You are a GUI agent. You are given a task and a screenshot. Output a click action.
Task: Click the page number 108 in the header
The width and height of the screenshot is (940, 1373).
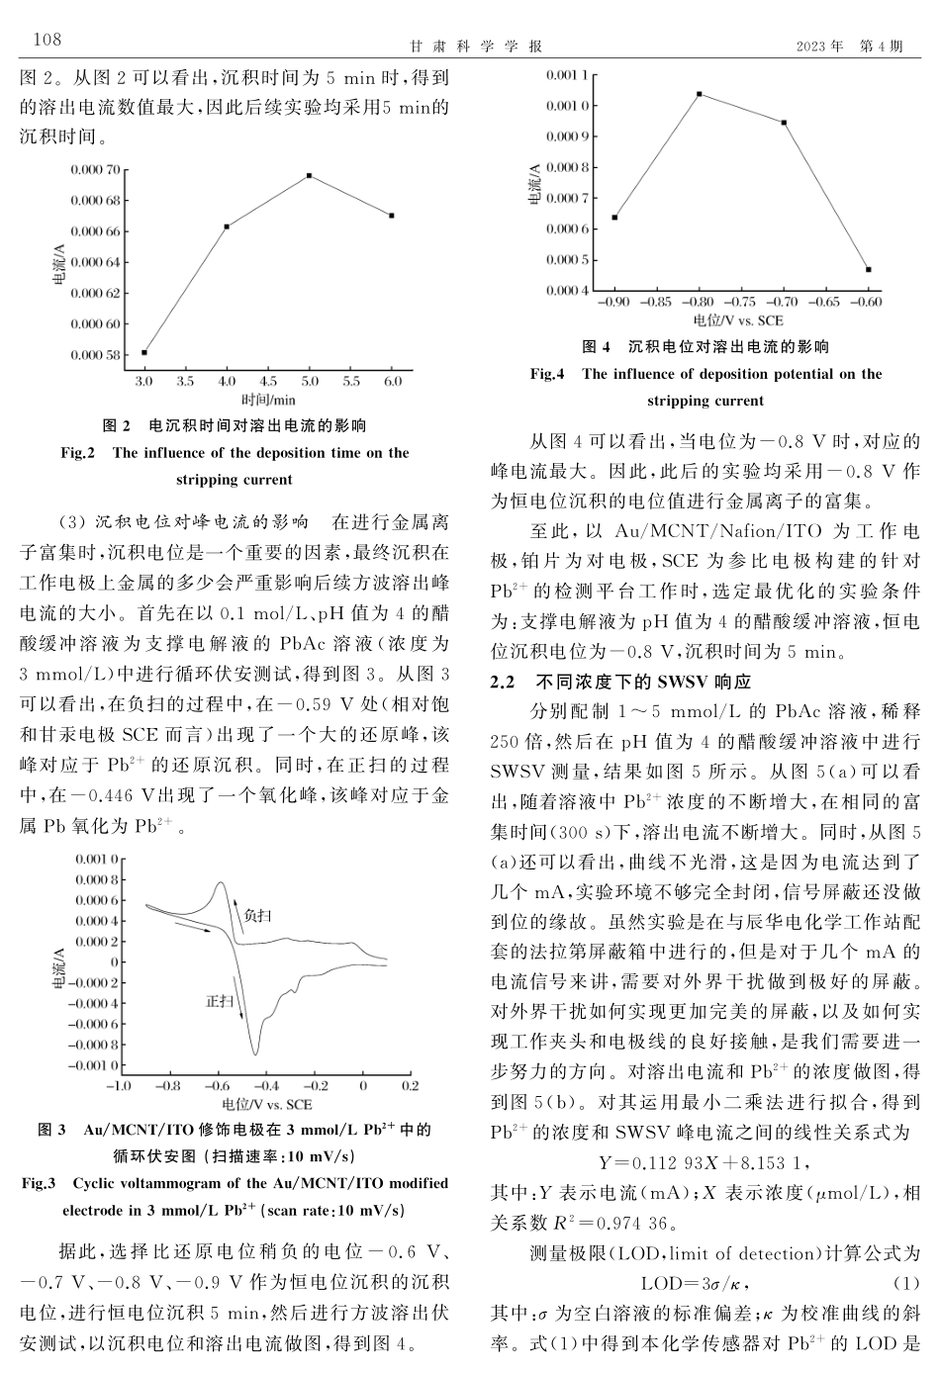(x=47, y=40)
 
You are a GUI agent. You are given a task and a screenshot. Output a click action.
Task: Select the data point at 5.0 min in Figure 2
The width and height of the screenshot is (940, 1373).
(x=310, y=176)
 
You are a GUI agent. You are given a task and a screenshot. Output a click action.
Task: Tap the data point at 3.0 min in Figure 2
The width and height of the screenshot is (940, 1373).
(x=144, y=352)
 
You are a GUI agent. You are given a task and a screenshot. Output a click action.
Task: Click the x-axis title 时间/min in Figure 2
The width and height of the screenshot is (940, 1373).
(x=268, y=400)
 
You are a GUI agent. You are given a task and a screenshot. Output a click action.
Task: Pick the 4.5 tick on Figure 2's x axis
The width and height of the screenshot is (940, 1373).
(x=268, y=381)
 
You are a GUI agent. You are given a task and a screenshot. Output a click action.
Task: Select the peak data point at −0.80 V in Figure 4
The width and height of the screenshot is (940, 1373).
(x=700, y=94)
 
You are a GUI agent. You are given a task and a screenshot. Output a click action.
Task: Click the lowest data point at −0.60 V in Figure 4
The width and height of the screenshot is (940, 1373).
(x=868, y=269)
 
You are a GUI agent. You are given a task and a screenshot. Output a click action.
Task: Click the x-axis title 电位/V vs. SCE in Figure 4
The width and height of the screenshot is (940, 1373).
(x=738, y=320)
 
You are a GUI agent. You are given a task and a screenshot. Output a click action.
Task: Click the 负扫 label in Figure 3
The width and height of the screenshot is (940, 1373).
(x=257, y=916)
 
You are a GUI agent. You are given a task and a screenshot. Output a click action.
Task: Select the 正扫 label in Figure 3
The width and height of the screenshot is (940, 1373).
(x=220, y=1001)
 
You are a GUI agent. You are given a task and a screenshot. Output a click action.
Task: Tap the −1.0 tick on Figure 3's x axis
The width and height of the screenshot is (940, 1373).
(x=118, y=1085)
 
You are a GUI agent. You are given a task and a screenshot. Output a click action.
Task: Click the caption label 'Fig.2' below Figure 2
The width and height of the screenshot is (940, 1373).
(x=77, y=453)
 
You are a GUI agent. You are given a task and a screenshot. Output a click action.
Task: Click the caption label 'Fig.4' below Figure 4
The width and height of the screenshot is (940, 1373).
(x=547, y=374)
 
